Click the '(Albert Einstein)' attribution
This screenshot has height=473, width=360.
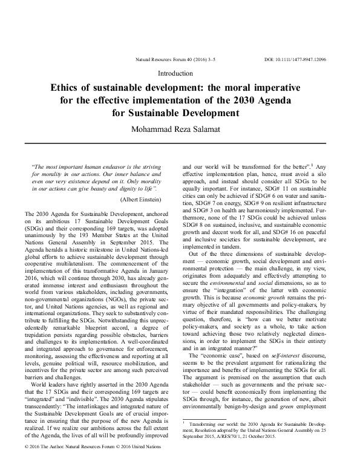pos(140,199)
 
